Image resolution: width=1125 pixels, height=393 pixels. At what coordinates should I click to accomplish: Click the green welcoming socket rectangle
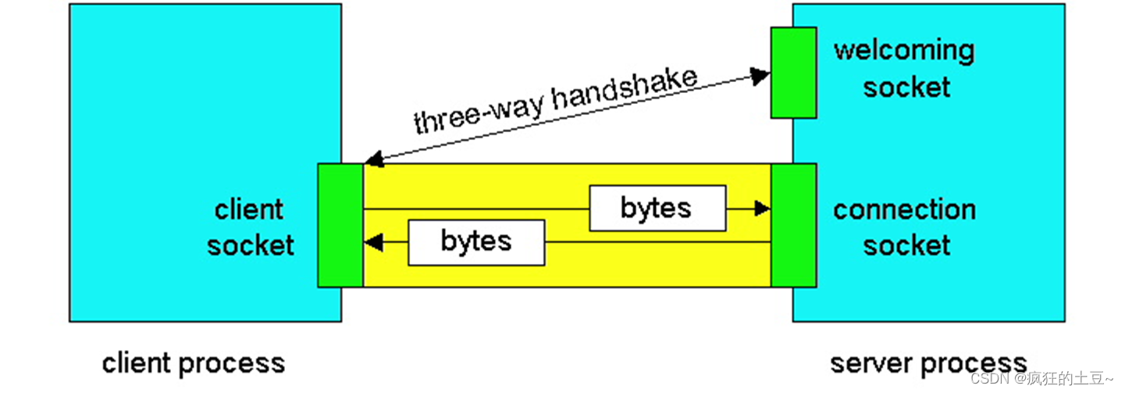[x=793, y=72]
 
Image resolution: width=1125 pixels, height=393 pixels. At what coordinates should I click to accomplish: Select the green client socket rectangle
[x=340, y=225]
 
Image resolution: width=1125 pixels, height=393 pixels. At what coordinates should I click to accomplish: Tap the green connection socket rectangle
[x=793, y=225]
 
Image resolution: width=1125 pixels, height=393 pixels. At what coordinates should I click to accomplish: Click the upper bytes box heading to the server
[x=657, y=208]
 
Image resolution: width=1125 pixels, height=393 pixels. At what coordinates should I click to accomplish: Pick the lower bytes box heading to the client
[x=476, y=241]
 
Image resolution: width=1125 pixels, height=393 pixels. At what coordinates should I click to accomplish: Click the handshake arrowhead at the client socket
[x=374, y=160]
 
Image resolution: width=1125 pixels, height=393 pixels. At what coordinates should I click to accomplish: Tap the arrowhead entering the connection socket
[x=762, y=209]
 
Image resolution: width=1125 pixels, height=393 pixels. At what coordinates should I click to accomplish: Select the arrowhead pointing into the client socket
[x=374, y=242]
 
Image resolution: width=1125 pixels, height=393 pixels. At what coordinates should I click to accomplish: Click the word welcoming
[x=904, y=51]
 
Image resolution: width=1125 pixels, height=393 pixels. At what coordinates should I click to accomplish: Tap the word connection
[x=904, y=209]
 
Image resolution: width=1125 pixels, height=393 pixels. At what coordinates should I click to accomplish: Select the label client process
[x=194, y=363]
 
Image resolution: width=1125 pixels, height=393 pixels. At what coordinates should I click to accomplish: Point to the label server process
[x=928, y=363]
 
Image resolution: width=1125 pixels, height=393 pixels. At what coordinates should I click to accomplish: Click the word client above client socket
[x=249, y=209]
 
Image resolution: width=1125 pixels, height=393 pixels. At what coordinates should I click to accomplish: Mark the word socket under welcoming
[x=906, y=87]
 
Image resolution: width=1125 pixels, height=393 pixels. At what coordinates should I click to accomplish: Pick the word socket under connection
[x=906, y=245]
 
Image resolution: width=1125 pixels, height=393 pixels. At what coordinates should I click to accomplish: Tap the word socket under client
[x=251, y=245]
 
